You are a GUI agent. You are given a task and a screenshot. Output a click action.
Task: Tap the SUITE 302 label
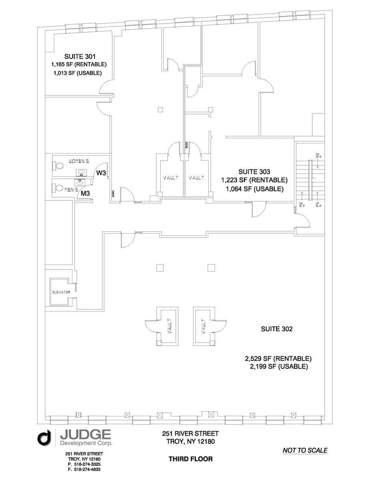[x=277, y=329]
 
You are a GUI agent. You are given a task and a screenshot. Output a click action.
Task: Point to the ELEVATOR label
[x=61, y=292]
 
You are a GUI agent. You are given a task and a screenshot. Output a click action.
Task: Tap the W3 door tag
[x=101, y=173]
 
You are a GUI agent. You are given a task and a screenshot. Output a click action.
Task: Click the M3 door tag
[x=85, y=194]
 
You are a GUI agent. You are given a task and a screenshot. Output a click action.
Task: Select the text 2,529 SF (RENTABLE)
[x=278, y=358]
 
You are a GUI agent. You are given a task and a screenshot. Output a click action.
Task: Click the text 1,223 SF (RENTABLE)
[x=254, y=180]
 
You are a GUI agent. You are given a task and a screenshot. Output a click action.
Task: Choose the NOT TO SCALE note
[x=305, y=450]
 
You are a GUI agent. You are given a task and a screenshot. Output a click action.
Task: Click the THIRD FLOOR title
[x=191, y=459]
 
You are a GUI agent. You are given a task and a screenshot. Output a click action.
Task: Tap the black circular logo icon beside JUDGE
[x=44, y=438]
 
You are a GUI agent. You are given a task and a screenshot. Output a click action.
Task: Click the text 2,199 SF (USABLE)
[x=278, y=367]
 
